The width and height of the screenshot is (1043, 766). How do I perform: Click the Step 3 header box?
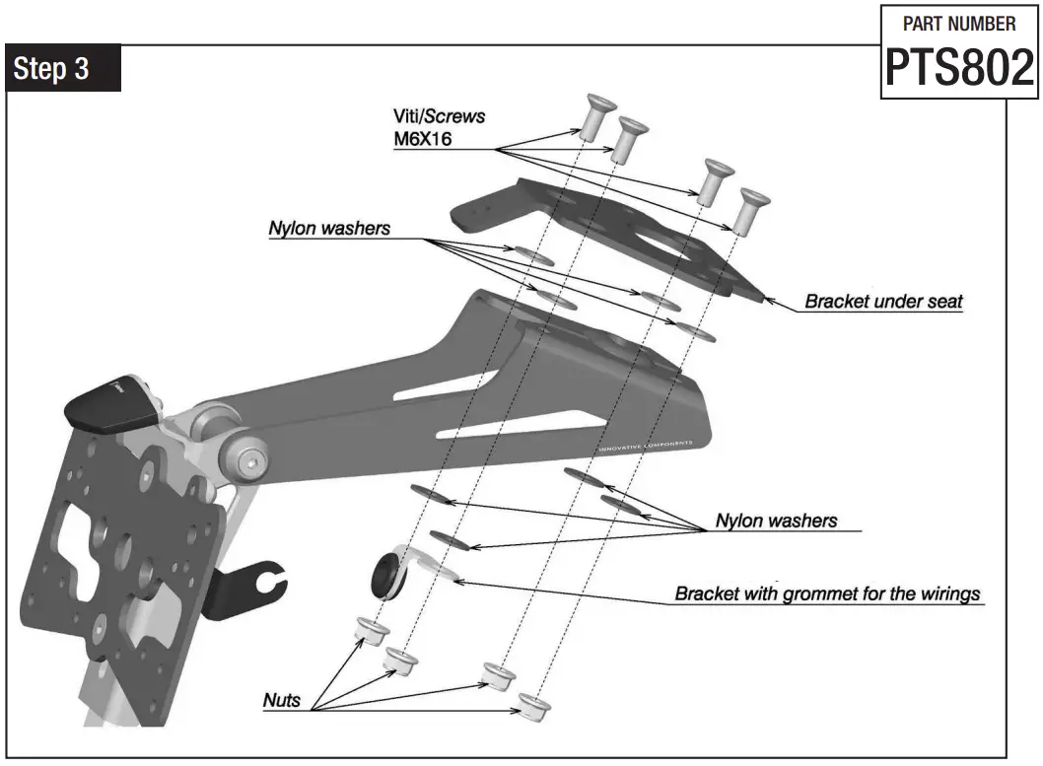63,69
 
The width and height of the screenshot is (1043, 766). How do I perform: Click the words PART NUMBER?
959,24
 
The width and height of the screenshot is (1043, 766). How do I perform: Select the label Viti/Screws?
439,116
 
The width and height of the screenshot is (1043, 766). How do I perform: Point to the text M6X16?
425,139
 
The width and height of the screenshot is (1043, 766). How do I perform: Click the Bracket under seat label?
883,302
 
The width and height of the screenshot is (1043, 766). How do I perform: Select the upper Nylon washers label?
329,229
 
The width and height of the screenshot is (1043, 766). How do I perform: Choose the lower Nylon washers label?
776,521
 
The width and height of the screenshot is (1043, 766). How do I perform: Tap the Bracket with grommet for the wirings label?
827,593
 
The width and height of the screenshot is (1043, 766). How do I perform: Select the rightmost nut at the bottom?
534,704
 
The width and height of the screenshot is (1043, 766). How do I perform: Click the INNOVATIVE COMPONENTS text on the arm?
645,446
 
